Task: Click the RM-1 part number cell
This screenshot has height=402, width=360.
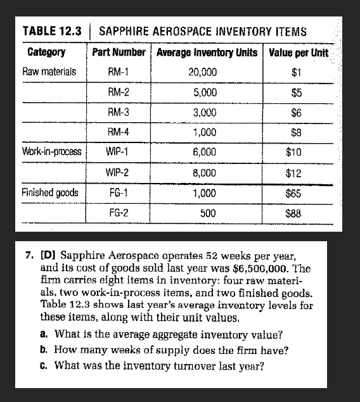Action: (119, 72)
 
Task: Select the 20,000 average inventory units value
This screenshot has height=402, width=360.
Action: (203, 72)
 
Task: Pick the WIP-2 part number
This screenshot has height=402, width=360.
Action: (119, 172)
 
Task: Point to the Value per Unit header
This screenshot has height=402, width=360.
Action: (298, 51)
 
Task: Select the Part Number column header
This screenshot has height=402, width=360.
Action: (119, 51)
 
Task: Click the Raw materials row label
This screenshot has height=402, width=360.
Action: (49, 72)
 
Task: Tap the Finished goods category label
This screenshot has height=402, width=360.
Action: (51, 192)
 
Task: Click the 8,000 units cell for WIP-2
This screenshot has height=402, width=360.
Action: (203, 172)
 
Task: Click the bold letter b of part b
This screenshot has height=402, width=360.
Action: (41, 349)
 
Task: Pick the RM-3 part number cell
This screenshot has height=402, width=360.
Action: (119, 112)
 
